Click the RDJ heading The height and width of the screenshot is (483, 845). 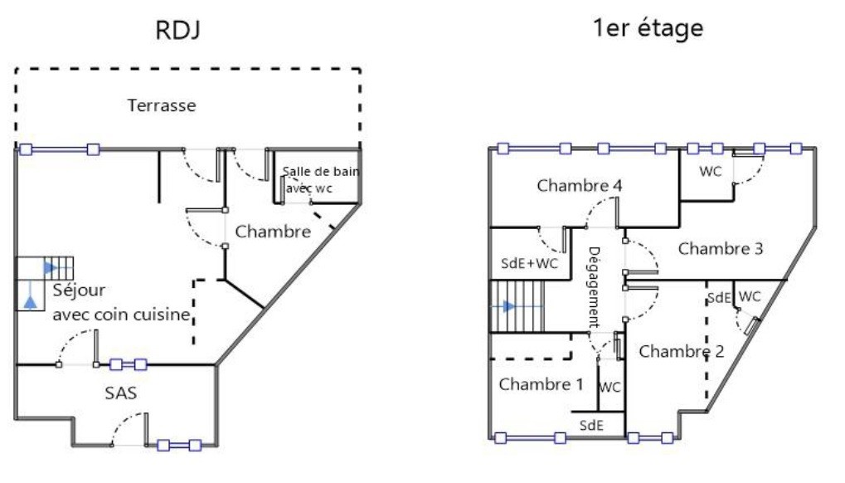coord(178,30)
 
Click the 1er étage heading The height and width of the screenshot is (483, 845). coord(648,28)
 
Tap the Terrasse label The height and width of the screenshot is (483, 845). coord(162,105)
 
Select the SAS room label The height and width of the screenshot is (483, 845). coord(121,393)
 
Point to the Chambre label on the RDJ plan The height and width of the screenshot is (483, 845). coord(273,232)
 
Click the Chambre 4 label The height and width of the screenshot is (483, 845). coord(580,185)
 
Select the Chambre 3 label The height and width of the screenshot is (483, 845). coord(720,248)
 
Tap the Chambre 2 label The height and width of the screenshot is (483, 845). coord(681,351)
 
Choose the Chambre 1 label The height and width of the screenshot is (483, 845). coord(541,384)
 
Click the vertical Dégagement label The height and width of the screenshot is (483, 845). coord(595,286)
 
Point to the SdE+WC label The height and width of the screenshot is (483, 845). coord(529,263)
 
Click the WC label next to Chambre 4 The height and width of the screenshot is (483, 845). coord(710,172)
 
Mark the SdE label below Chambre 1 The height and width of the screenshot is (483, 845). coord(591,425)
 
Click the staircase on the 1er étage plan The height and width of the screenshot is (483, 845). coord(517,305)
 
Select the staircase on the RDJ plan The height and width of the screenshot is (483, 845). coord(58,267)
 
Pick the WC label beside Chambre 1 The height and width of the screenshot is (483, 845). coord(609,387)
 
